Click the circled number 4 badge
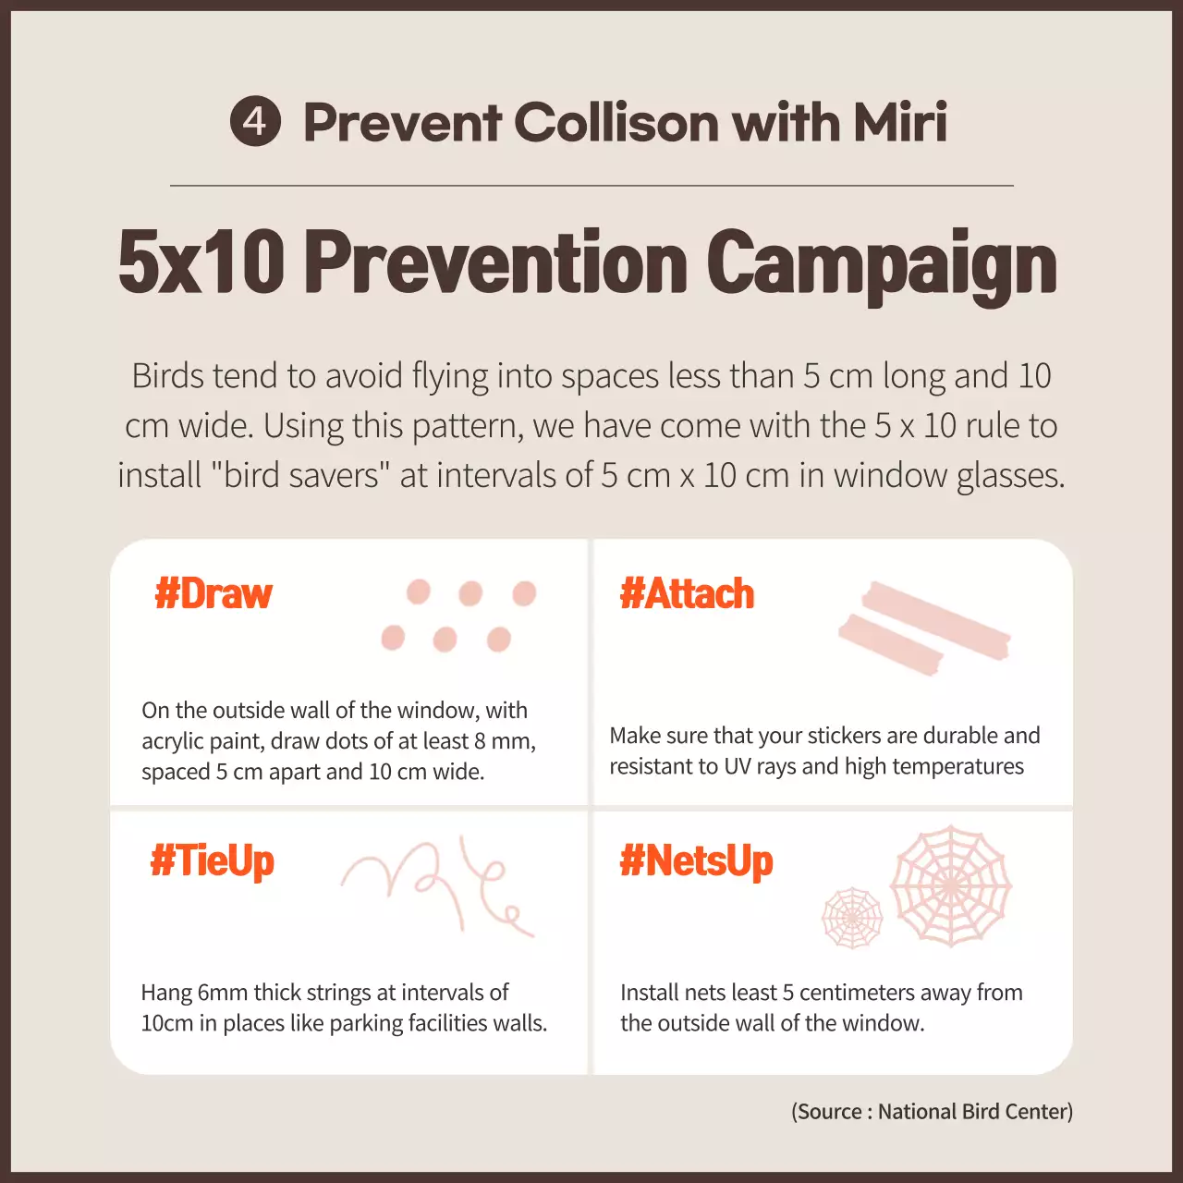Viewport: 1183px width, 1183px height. [x=255, y=121]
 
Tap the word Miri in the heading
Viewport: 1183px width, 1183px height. [x=900, y=122]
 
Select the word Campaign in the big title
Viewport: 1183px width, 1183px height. [x=882, y=264]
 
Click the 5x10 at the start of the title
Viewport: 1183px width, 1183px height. [x=201, y=262]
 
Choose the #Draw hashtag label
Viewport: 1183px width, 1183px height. [x=213, y=593]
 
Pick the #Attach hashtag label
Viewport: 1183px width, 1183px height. [x=687, y=593]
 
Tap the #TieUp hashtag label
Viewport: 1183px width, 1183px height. [x=213, y=861]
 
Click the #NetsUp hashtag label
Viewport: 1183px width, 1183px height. [x=696, y=861]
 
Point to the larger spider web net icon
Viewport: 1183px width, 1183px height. [x=950, y=885]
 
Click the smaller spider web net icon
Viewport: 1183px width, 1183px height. [x=852, y=918]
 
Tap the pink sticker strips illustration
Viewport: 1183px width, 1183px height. [x=923, y=628]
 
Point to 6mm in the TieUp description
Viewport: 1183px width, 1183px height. [x=222, y=993]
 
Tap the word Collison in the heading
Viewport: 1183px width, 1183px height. [x=616, y=122]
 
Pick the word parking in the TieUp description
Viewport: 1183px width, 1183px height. [x=369, y=1023]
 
